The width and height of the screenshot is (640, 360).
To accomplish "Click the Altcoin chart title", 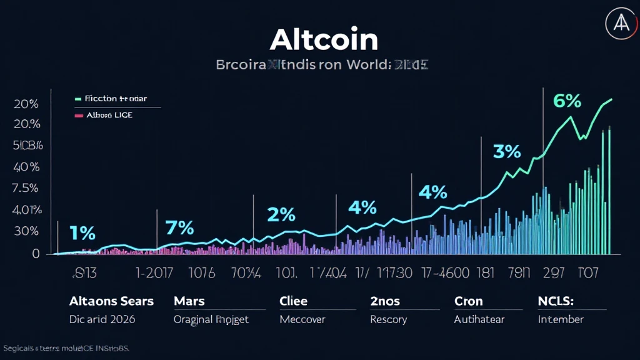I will click(x=324, y=40).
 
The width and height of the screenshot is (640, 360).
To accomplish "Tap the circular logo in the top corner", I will click(x=621, y=24).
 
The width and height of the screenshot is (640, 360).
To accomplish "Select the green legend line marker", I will click(x=78, y=99).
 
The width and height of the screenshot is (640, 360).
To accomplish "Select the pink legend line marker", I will click(x=78, y=116).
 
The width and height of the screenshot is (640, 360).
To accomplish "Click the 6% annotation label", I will click(x=567, y=101).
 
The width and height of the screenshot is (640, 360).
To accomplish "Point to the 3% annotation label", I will click(x=506, y=151).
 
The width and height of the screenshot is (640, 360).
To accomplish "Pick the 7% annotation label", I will click(x=179, y=227).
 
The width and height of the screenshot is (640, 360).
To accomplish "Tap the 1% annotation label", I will click(x=82, y=234).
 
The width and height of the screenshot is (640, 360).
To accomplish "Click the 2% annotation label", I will click(x=281, y=214).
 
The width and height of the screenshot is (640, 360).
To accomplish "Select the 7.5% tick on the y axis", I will click(x=26, y=188).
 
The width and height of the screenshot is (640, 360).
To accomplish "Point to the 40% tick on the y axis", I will click(x=26, y=167).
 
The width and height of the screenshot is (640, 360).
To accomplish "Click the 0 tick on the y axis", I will click(x=36, y=254).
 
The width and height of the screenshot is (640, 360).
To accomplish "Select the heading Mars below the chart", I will click(x=189, y=301).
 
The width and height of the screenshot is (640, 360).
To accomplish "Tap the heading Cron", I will click(x=469, y=301).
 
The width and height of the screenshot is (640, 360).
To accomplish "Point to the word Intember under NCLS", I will click(x=561, y=319).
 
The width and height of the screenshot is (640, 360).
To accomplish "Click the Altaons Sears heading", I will click(x=111, y=301).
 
